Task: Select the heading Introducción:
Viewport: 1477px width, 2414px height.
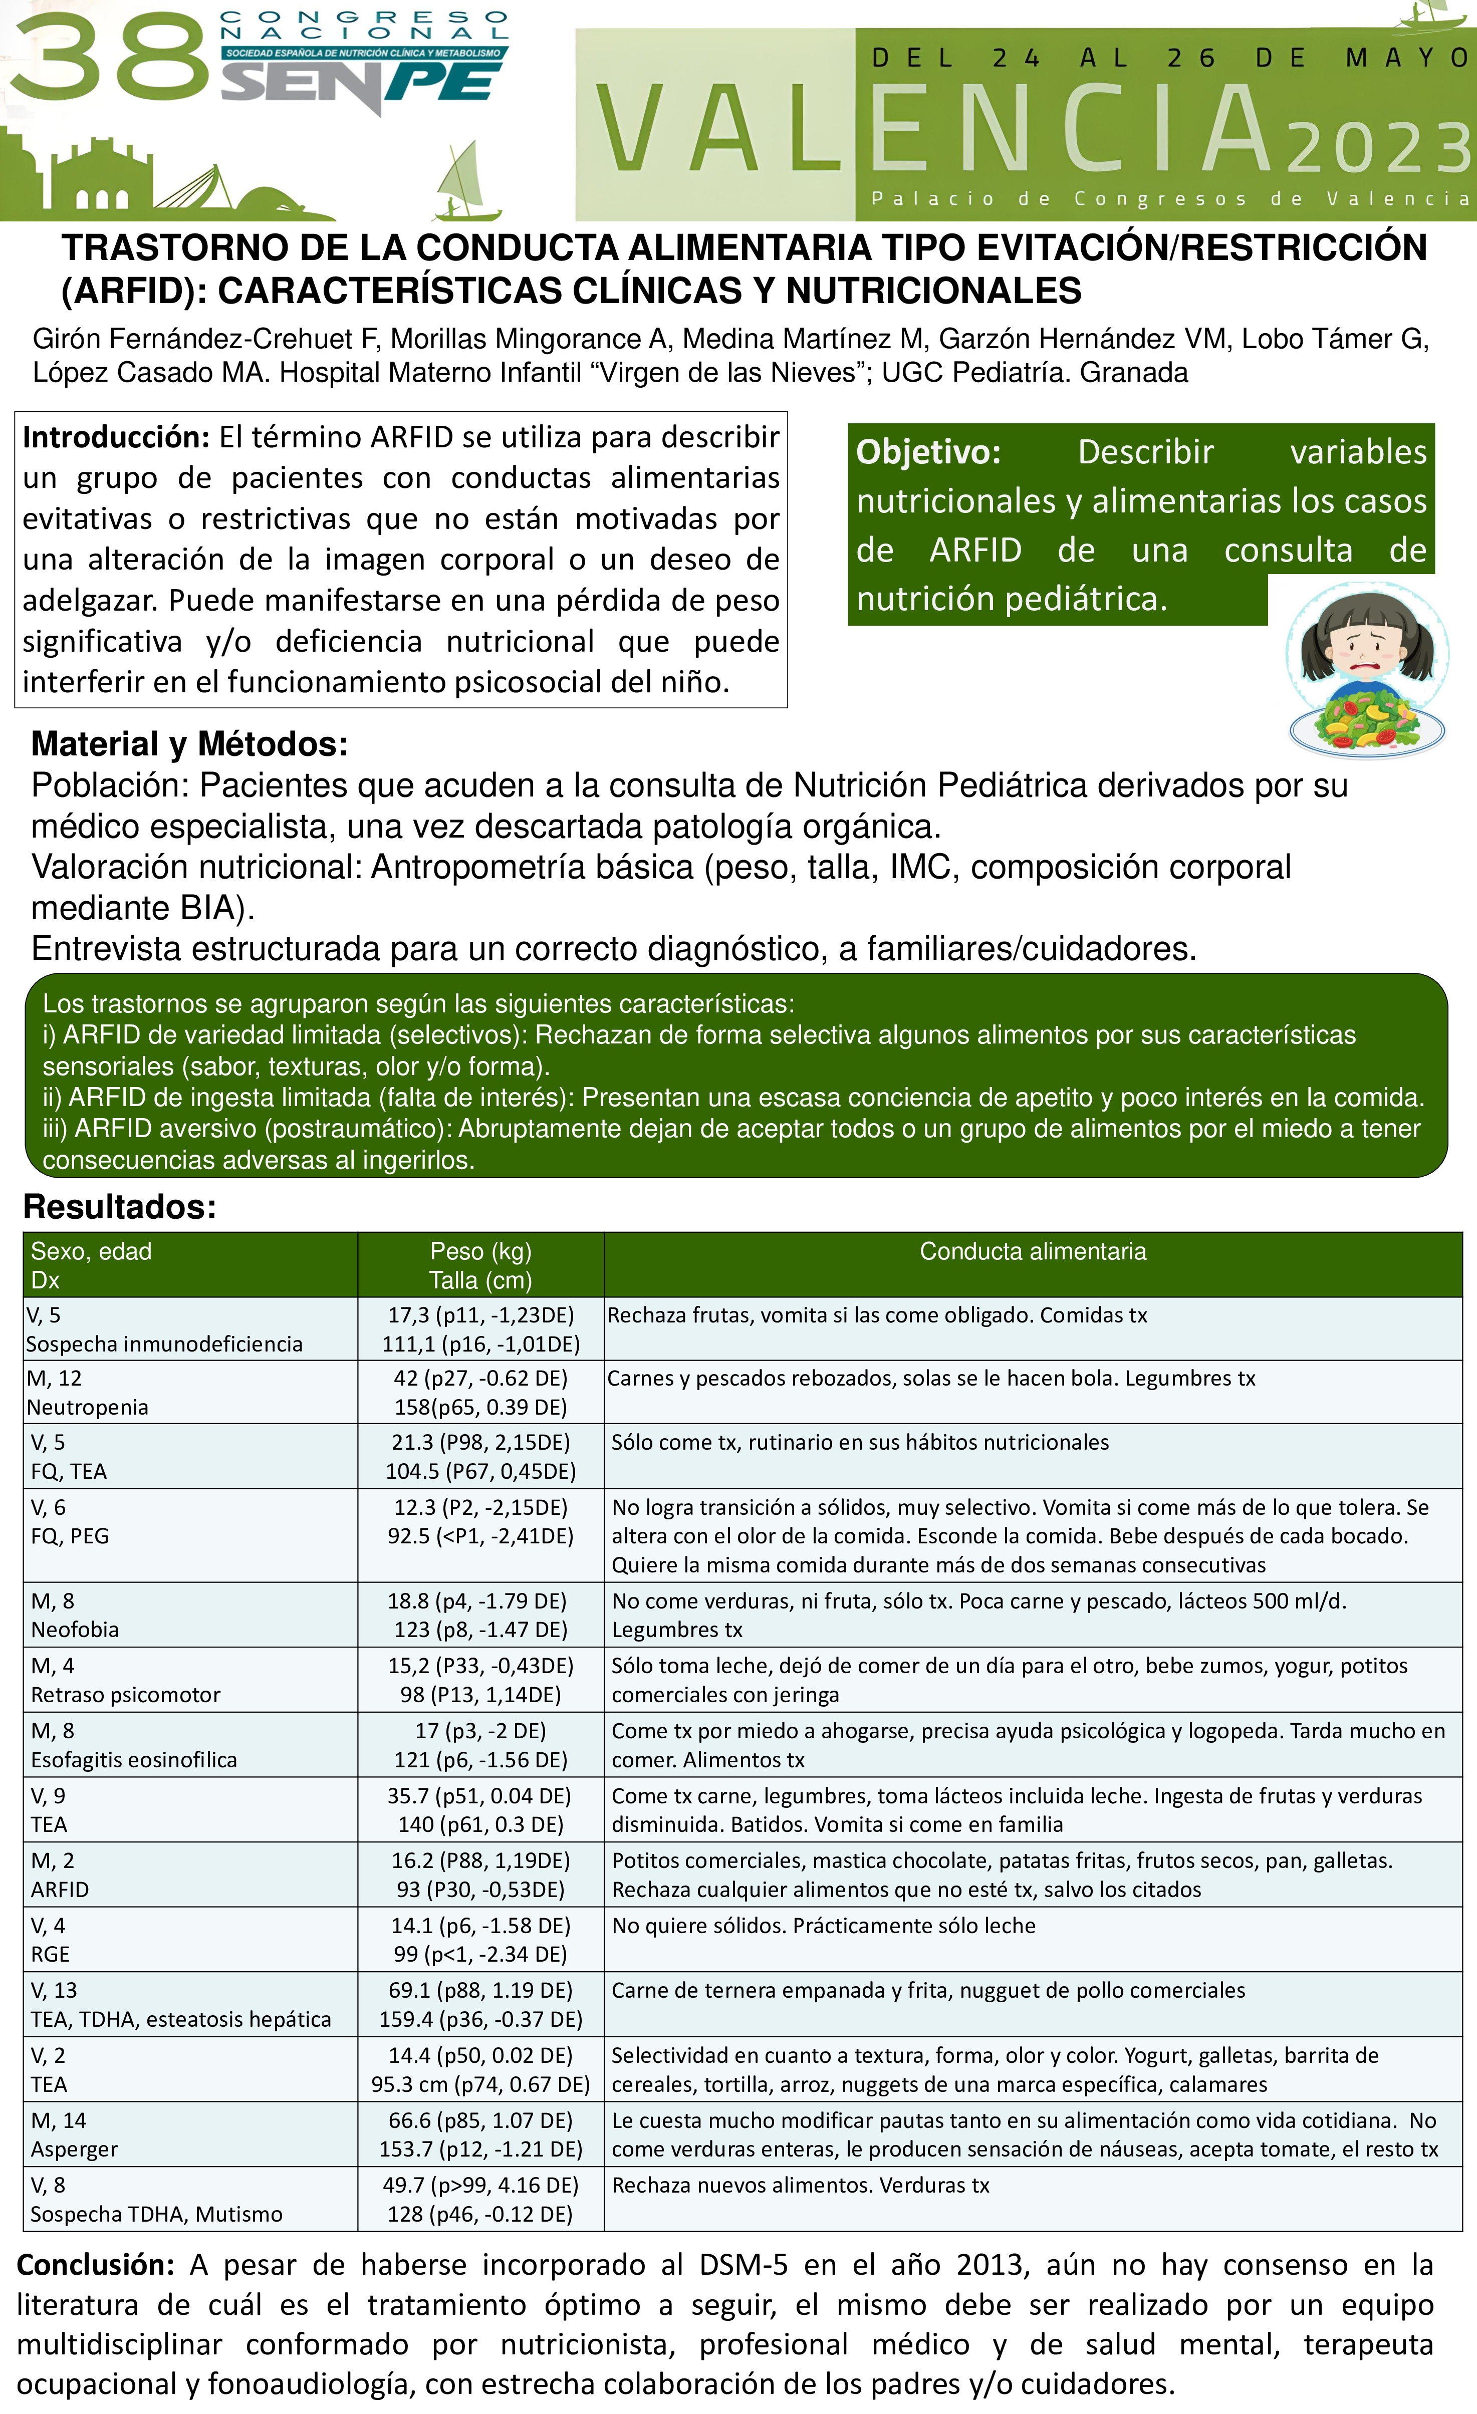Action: [x=116, y=437]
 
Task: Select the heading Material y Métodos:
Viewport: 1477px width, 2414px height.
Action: [x=189, y=744]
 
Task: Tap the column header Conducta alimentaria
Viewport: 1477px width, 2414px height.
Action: [x=1032, y=1251]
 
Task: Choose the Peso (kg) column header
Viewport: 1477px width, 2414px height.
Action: [x=480, y=1251]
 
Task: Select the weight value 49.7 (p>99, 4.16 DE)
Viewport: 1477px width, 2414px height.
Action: [x=480, y=2185]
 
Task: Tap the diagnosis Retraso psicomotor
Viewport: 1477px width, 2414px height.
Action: [x=125, y=1694]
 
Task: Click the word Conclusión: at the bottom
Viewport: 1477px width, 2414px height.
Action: [x=95, y=2264]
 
